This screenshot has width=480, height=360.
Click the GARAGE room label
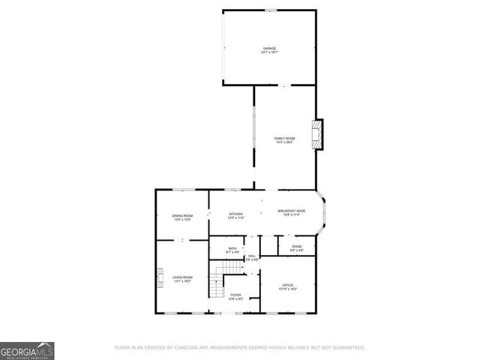point(269,48)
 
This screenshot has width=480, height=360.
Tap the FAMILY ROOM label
point(283,138)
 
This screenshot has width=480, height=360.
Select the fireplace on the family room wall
point(319,134)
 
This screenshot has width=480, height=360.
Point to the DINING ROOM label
point(183,216)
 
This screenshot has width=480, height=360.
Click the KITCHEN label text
point(235,214)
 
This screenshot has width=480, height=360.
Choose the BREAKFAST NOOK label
point(292,211)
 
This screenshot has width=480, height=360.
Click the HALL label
point(253,256)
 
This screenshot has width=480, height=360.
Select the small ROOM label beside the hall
point(297,246)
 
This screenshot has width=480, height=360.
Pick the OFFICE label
point(289,285)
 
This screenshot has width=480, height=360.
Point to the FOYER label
point(235,295)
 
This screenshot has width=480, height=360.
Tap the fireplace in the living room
point(159,279)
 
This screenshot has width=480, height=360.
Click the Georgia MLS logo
point(27,350)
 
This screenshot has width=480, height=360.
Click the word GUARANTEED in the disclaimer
point(348,348)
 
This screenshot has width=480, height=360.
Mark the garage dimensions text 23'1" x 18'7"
point(269,52)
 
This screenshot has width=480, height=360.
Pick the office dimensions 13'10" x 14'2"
point(289,289)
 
